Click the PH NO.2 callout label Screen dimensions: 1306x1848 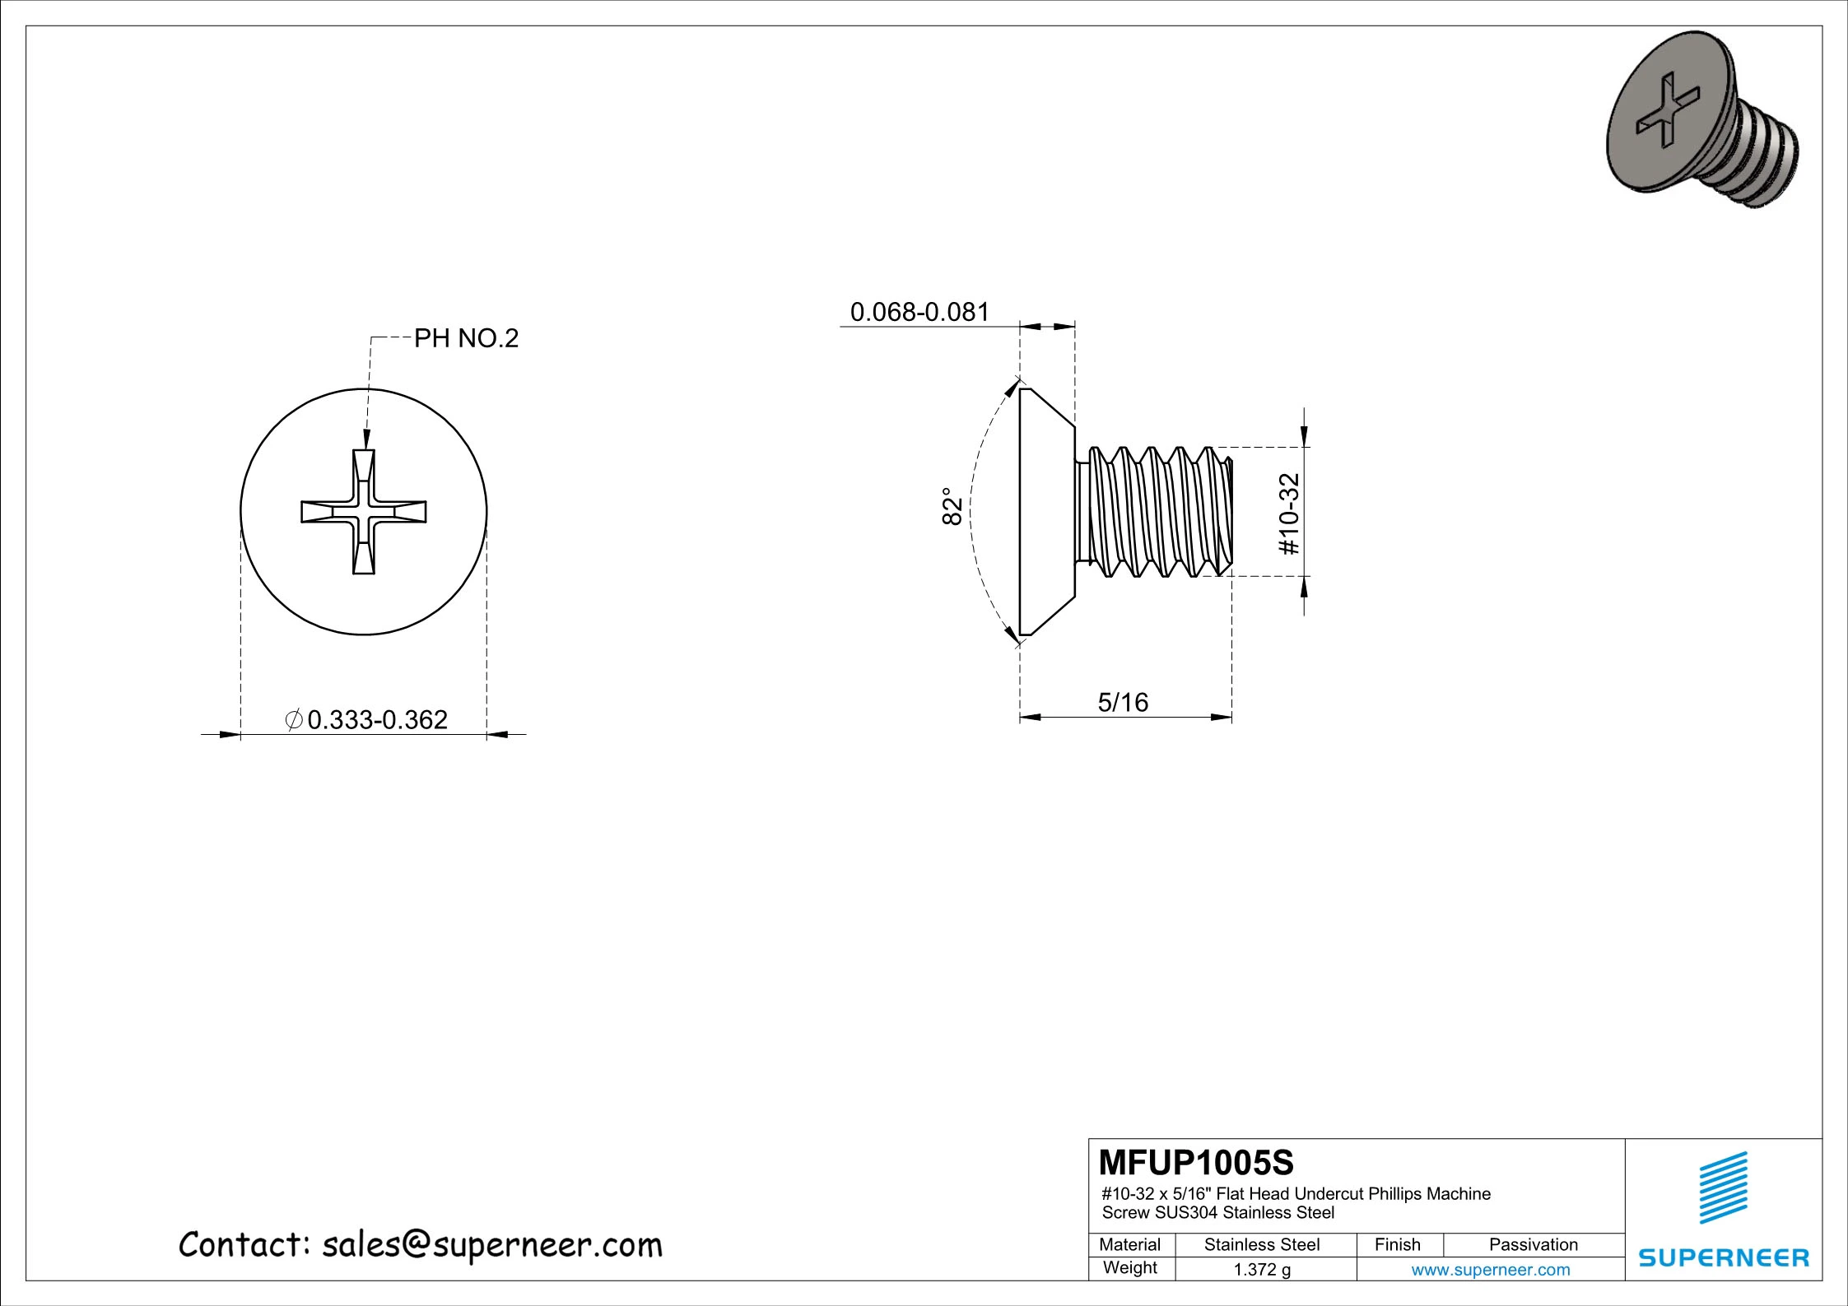point(466,338)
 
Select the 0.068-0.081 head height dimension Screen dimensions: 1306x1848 point(919,312)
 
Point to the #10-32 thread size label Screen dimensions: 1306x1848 point(1289,514)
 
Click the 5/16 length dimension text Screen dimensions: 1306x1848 point(1123,702)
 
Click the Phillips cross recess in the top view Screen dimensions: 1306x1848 point(364,512)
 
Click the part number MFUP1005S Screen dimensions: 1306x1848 point(1196,1163)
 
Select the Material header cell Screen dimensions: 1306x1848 point(1130,1244)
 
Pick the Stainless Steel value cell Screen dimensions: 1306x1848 point(1262,1244)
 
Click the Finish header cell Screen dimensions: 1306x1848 point(1398,1244)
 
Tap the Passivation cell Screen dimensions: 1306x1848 point(1534,1244)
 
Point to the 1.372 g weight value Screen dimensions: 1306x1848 point(1262,1270)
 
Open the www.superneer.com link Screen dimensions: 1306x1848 point(1491,1270)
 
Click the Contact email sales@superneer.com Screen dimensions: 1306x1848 point(420,1245)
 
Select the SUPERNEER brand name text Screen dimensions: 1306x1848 point(1724,1257)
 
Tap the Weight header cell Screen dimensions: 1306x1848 point(1130,1268)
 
